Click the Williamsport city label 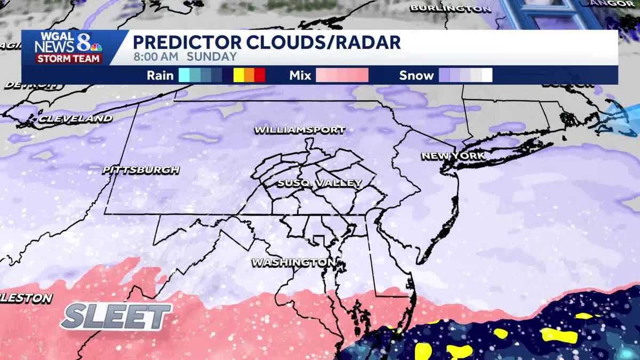pos(300,130)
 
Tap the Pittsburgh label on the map pos(141,170)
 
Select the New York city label pos(453,156)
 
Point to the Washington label pos(294,262)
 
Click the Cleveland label pos(75,118)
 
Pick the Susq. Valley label pos(319,183)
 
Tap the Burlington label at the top pos(451,8)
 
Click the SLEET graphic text pos(116,317)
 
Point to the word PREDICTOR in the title pos(182,42)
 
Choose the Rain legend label pos(160,75)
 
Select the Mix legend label pos(300,75)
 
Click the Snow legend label pos(417,75)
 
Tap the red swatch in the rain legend pos(260,75)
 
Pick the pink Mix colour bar pos(342,75)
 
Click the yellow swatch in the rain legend pos(238,75)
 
